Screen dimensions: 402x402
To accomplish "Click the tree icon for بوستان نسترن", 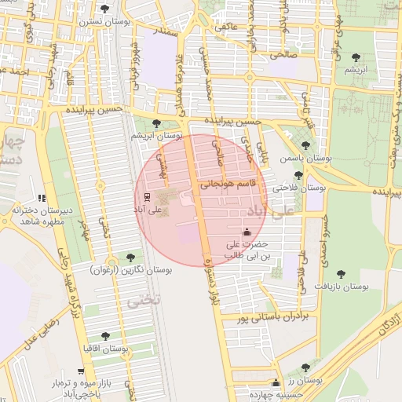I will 105,9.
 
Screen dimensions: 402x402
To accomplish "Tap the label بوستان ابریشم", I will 157,136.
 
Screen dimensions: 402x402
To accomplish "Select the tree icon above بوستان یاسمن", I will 305,144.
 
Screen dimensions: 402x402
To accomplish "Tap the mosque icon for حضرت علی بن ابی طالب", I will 247,232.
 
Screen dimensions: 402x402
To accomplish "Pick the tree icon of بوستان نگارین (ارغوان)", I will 130,258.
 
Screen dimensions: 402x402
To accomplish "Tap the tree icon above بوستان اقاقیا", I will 105,336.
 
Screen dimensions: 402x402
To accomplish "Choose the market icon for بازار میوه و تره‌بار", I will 80,371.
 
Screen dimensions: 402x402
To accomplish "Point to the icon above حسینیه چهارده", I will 275,383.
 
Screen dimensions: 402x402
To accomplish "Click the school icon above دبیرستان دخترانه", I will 42,199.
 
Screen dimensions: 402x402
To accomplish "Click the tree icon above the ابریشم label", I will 357,57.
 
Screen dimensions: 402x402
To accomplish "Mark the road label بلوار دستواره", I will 206,280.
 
